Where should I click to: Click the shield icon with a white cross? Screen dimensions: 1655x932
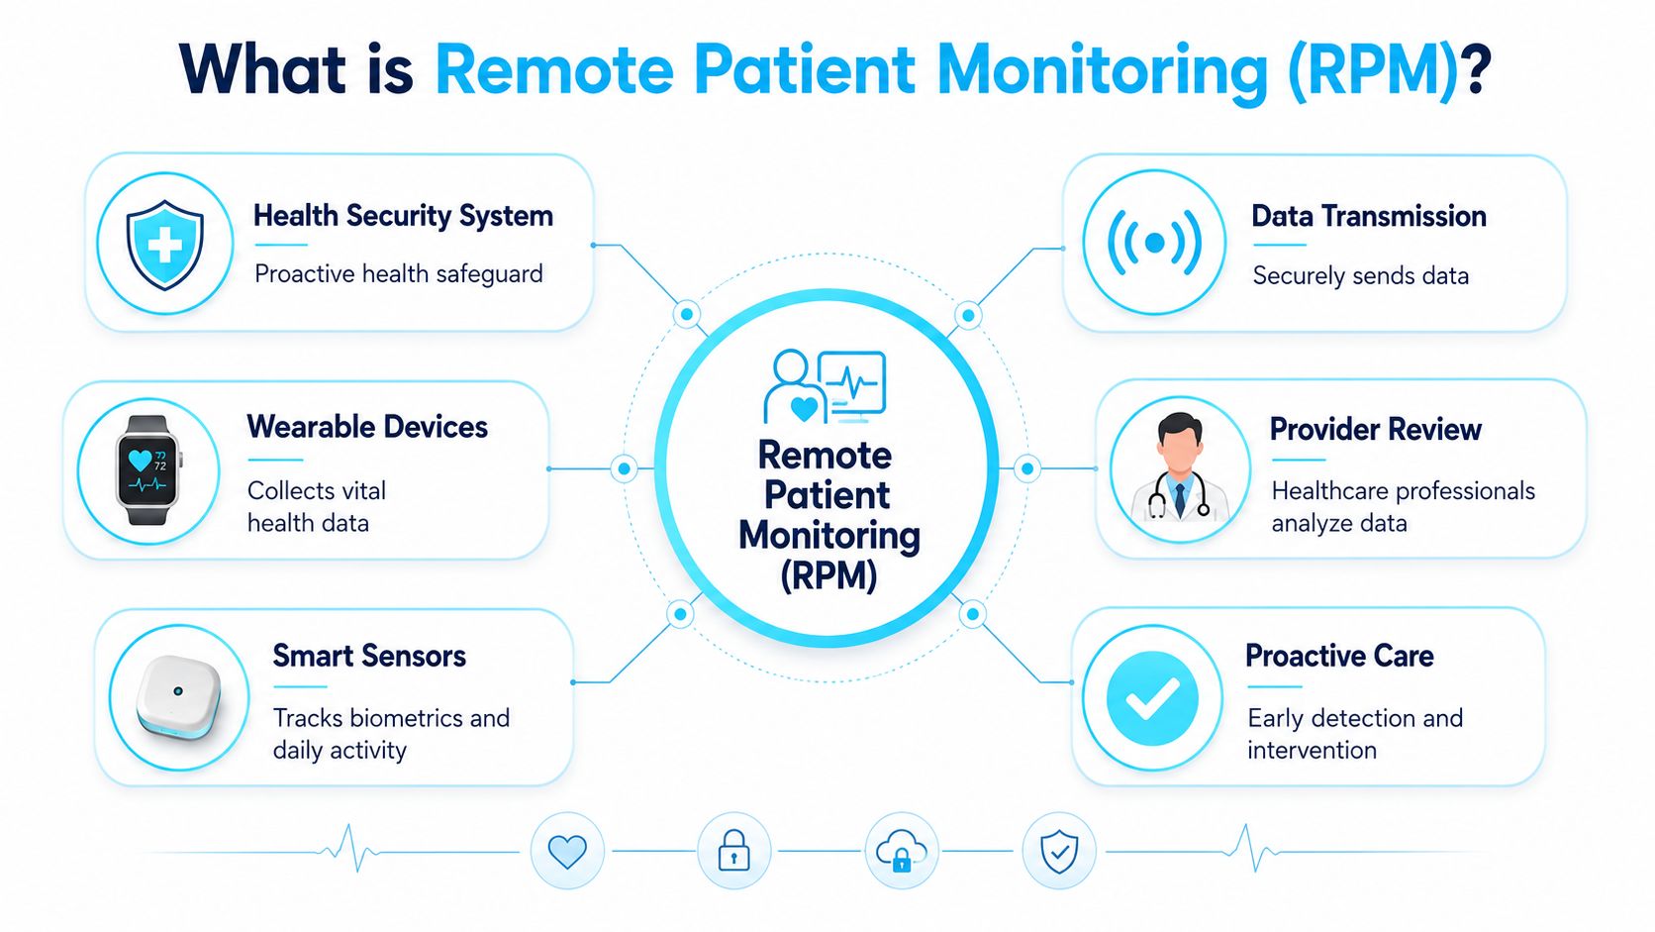pyautogui.click(x=164, y=244)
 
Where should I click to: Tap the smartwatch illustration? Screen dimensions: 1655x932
pyautogui.click(x=148, y=470)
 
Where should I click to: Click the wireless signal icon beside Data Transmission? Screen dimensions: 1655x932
pyautogui.click(x=1154, y=243)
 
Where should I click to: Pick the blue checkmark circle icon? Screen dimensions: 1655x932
pyautogui.click(x=1152, y=697)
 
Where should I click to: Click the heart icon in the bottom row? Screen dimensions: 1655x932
pyautogui.click(x=567, y=852)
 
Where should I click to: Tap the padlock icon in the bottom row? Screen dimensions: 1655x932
pyautogui.click(x=733, y=850)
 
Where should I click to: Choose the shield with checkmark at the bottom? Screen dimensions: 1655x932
pyautogui.click(x=1059, y=852)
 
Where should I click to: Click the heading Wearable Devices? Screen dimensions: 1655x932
pyautogui.click(x=367, y=427)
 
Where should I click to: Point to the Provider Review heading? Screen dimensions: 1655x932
pyautogui.click(x=1376, y=430)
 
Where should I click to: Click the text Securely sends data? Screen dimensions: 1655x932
pyautogui.click(x=1360, y=275)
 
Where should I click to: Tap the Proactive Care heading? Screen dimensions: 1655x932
pyautogui.click(x=1339, y=656)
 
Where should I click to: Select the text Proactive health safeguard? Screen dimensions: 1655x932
pyautogui.click(x=399, y=274)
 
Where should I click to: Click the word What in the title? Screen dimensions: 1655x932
pyautogui.click(x=263, y=69)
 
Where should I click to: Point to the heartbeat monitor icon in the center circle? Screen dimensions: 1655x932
pyautogui.click(x=851, y=383)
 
